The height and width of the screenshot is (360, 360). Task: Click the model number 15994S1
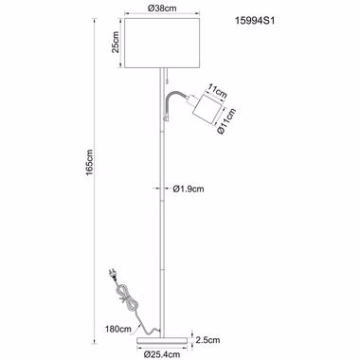click(x=255, y=21)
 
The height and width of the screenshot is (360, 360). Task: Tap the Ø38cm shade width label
click(x=162, y=9)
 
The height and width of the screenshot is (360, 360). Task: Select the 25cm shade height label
click(x=115, y=43)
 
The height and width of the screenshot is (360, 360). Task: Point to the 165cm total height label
click(x=89, y=162)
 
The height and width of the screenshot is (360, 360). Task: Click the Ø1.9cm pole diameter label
click(x=189, y=189)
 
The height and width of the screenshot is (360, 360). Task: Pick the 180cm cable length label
click(x=118, y=329)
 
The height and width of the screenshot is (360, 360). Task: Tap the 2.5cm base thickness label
click(x=207, y=340)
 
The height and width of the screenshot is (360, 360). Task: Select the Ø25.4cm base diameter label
click(x=161, y=354)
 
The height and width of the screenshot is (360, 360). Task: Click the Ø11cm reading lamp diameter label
click(x=226, y=121)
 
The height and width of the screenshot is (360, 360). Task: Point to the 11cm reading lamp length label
click(x=217, y=90)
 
